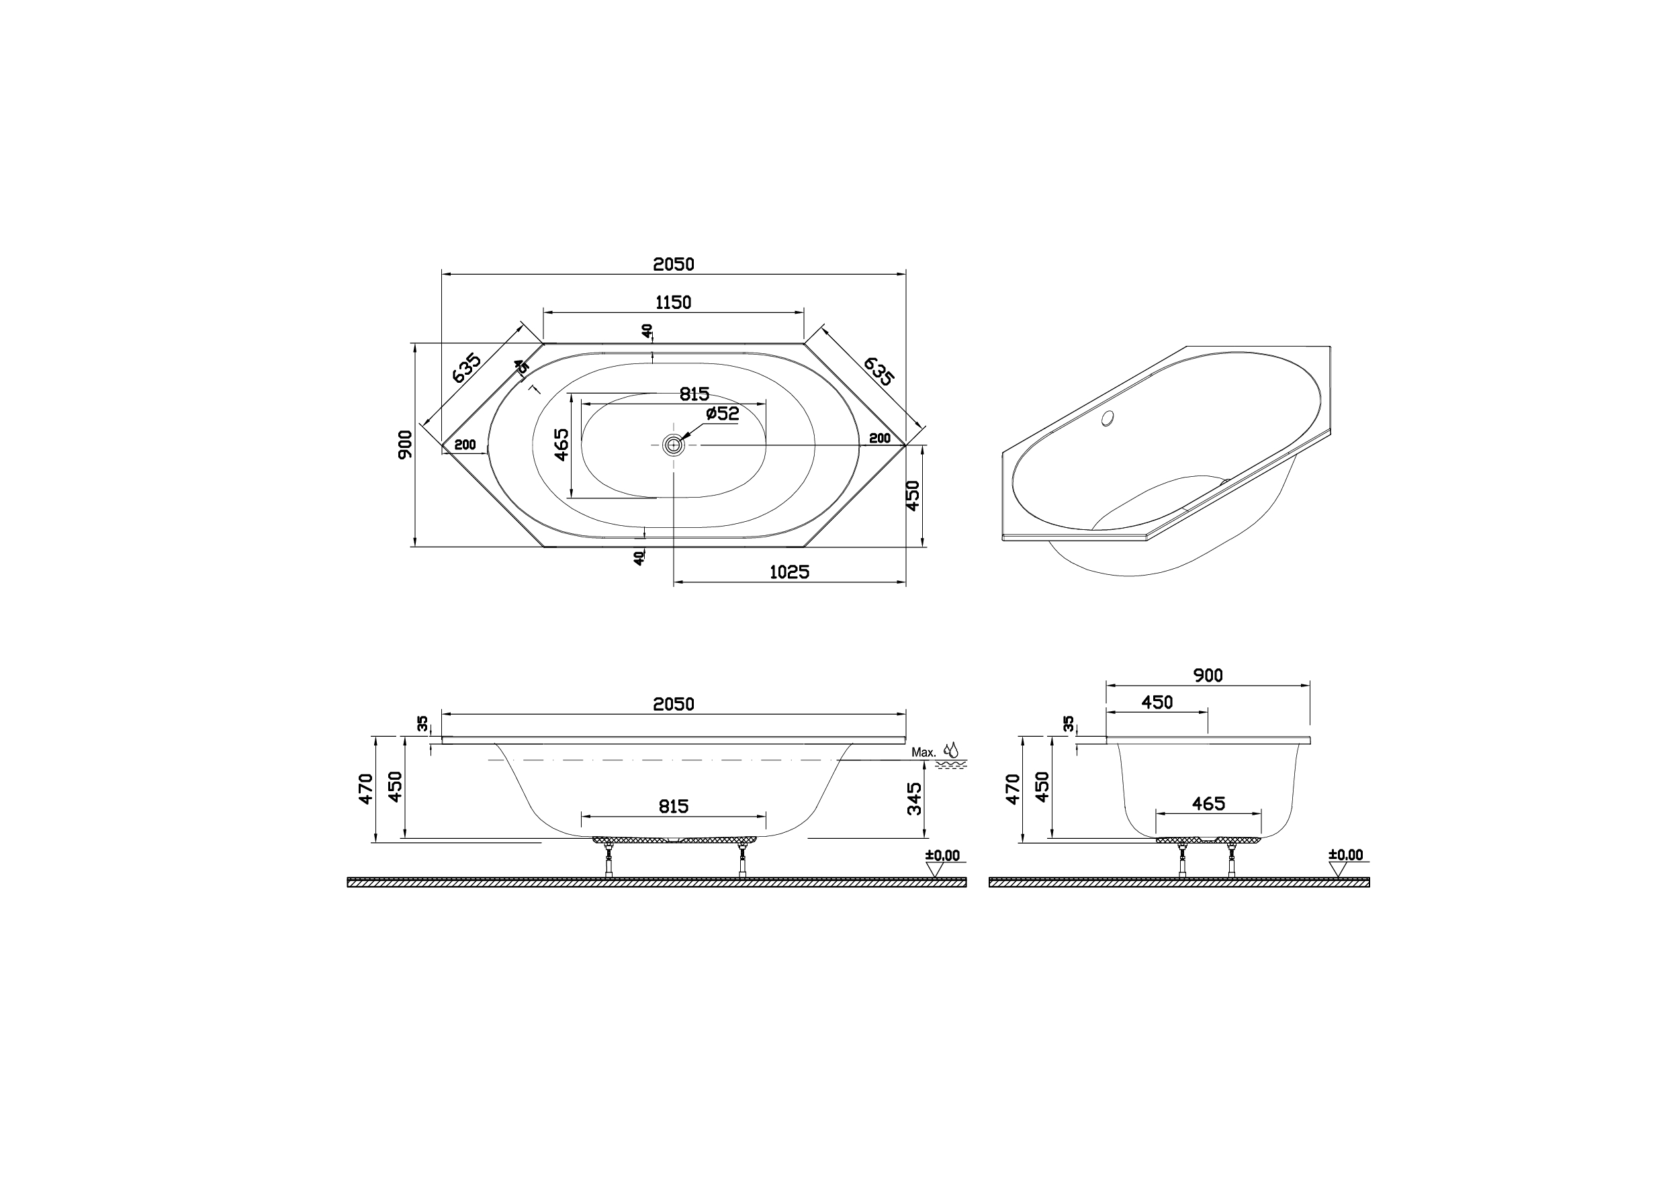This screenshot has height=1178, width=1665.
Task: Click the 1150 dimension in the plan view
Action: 673,302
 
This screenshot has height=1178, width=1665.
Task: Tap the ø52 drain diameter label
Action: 722,414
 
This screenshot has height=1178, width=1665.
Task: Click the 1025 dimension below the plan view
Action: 789,572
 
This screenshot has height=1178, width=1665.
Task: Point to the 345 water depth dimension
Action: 914,798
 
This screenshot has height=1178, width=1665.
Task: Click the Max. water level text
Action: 924,753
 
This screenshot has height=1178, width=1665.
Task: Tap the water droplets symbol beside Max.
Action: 950,750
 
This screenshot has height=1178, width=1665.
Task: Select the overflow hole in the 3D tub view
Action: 1107,418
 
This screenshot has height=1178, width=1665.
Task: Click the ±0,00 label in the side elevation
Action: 942,856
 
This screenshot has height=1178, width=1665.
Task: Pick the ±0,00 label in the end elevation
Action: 1346,855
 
